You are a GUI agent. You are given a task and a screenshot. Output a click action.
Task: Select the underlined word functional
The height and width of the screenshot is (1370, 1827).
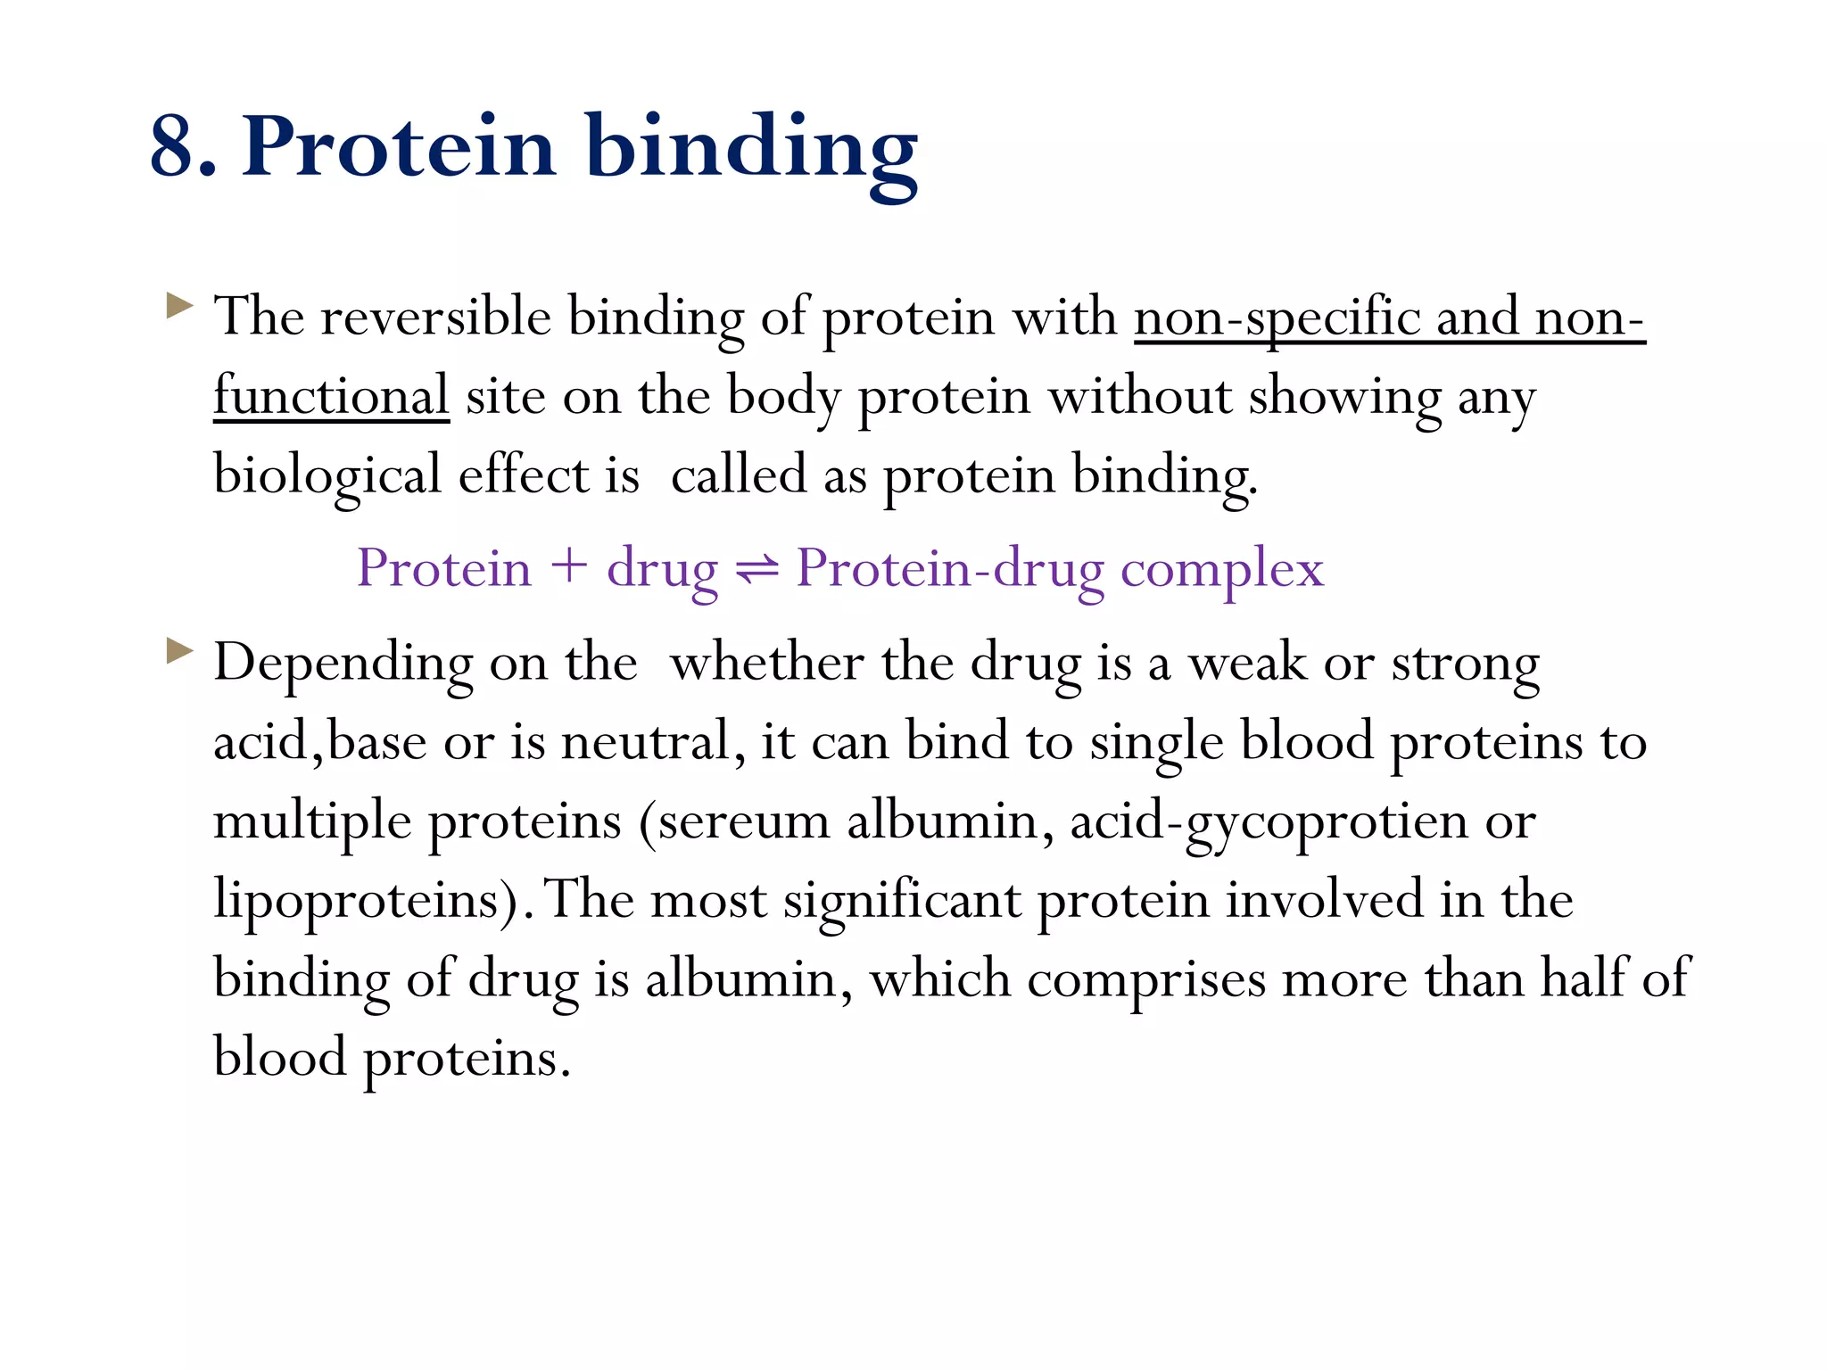pyautogui.click(x=331, y=396)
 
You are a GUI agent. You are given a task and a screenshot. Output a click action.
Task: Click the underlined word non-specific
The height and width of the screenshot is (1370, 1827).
pyautogui.click(x=1277, y=318)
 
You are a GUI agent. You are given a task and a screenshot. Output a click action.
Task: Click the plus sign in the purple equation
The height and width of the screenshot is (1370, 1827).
pyautogui.click(x=568, y=568)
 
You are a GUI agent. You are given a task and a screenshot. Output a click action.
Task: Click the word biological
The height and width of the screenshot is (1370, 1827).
pyautogui.click(x=327, y=475)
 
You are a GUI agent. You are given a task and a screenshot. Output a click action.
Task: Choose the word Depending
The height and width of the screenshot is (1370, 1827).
pyautogui.click(x=343, y=664)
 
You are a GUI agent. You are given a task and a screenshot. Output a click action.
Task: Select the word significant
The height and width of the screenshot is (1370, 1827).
pyautogui.click(x=902, y=900)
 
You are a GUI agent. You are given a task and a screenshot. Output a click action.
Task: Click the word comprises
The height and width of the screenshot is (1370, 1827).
pyautogui.click(x=1145, y=978)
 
